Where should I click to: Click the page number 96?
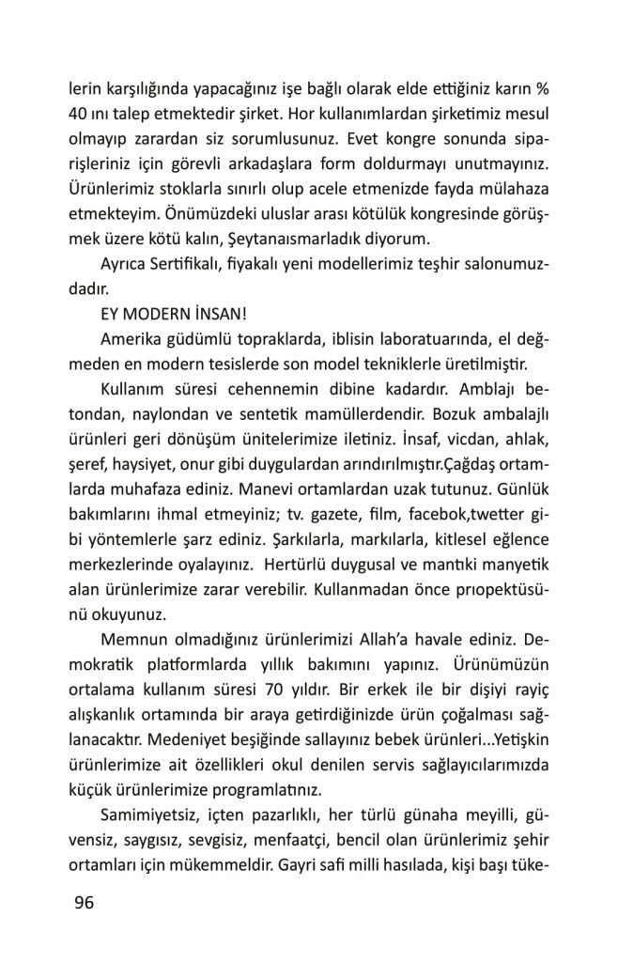[84, 904]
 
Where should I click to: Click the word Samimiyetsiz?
[154, 812]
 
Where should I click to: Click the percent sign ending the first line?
[541, 92]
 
